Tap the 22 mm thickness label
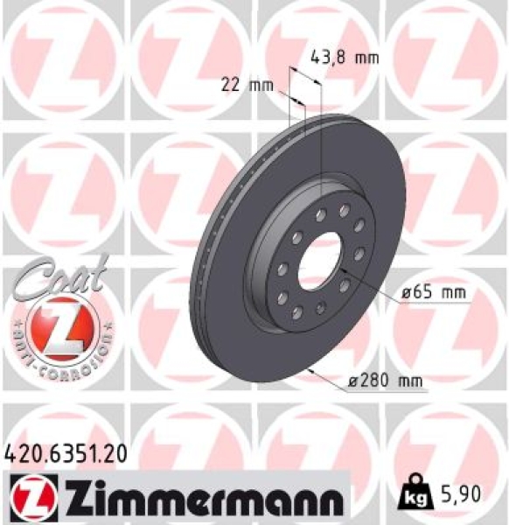(246, 84)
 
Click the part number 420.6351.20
(65, 452)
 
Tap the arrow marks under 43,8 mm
(306, 83)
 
